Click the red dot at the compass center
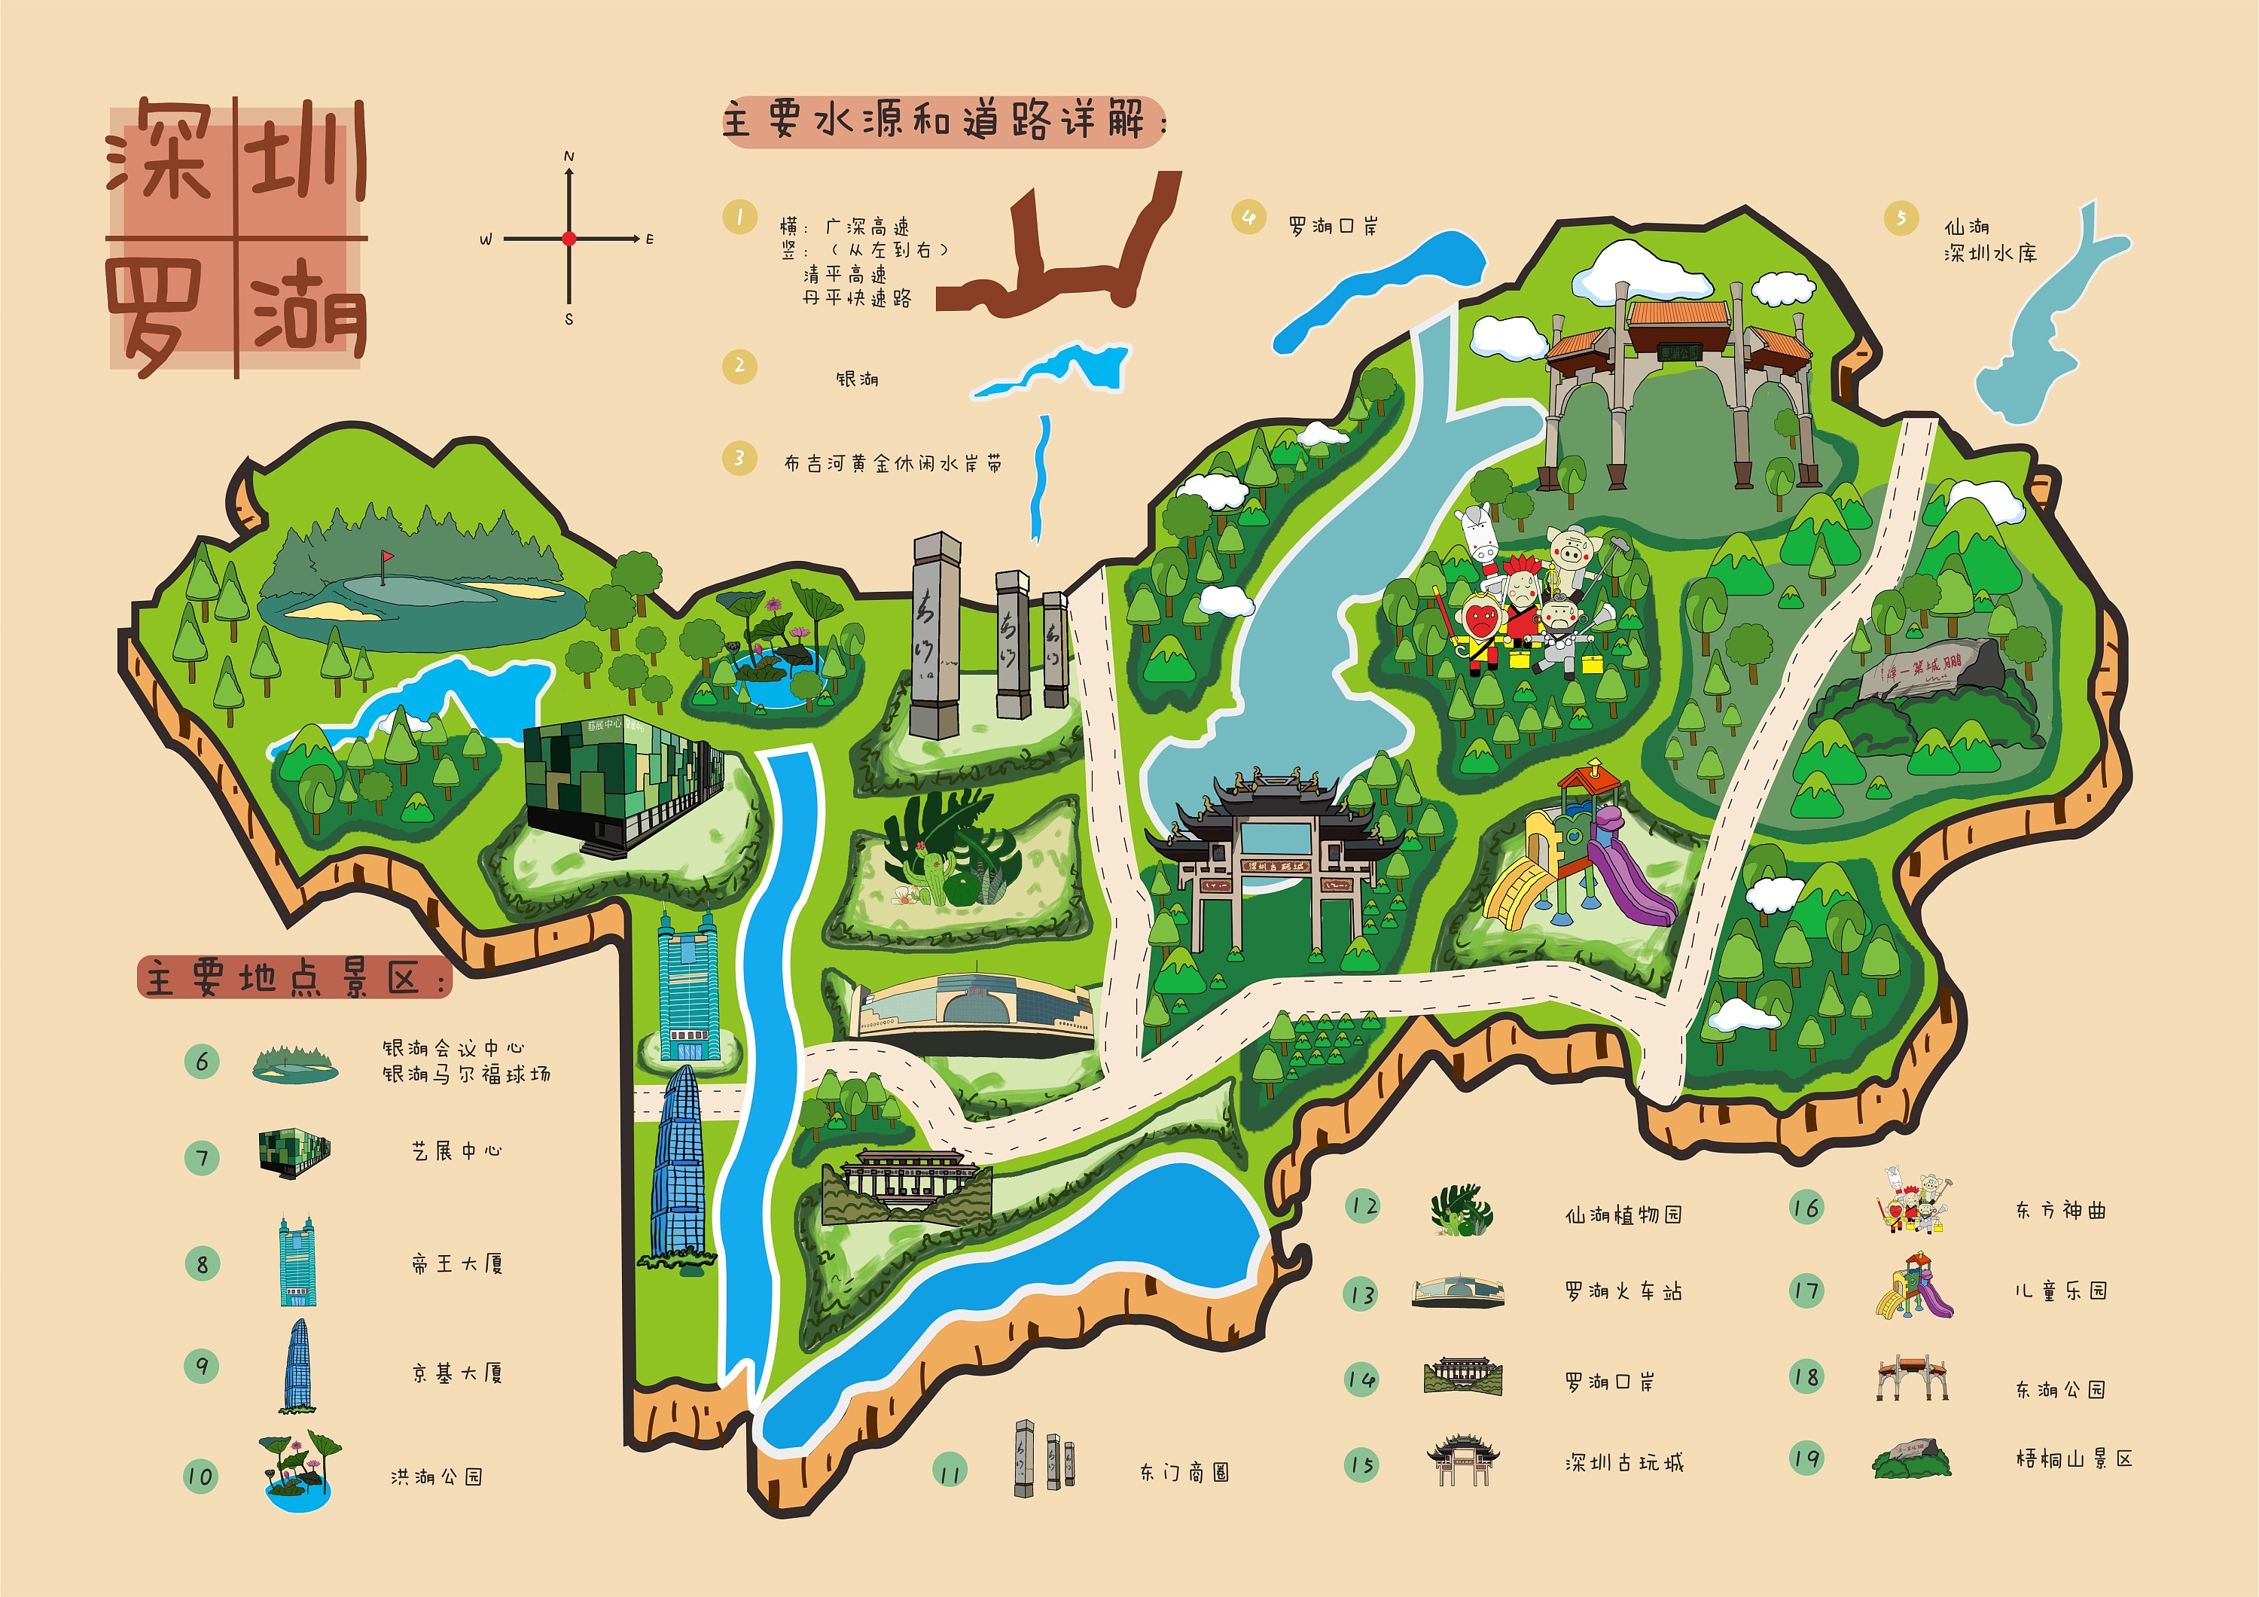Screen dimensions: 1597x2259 569,238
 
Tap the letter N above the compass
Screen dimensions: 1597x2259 569,157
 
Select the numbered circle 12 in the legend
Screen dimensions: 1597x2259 1363,1206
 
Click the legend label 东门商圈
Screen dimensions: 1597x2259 1184,1472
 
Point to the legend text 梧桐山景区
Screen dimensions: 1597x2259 2073,1459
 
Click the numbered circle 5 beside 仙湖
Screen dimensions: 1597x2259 1901,218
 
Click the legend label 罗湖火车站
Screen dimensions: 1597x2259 1623,1291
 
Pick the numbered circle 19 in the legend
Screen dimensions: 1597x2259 1806,1458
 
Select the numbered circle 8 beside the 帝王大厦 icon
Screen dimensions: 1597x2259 203,1263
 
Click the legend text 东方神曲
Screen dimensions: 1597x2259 2060,1210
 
